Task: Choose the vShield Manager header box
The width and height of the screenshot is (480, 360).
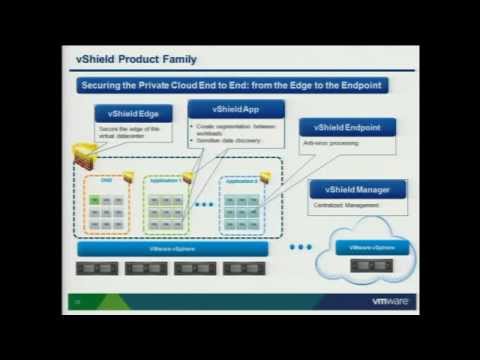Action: click(x=357, y=189)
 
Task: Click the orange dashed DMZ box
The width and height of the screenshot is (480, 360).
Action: click(x=106, y=204)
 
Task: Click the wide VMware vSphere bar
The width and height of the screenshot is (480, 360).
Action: click(x=171, y=247)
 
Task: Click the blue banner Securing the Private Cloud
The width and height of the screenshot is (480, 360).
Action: click(x=234, y=86)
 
